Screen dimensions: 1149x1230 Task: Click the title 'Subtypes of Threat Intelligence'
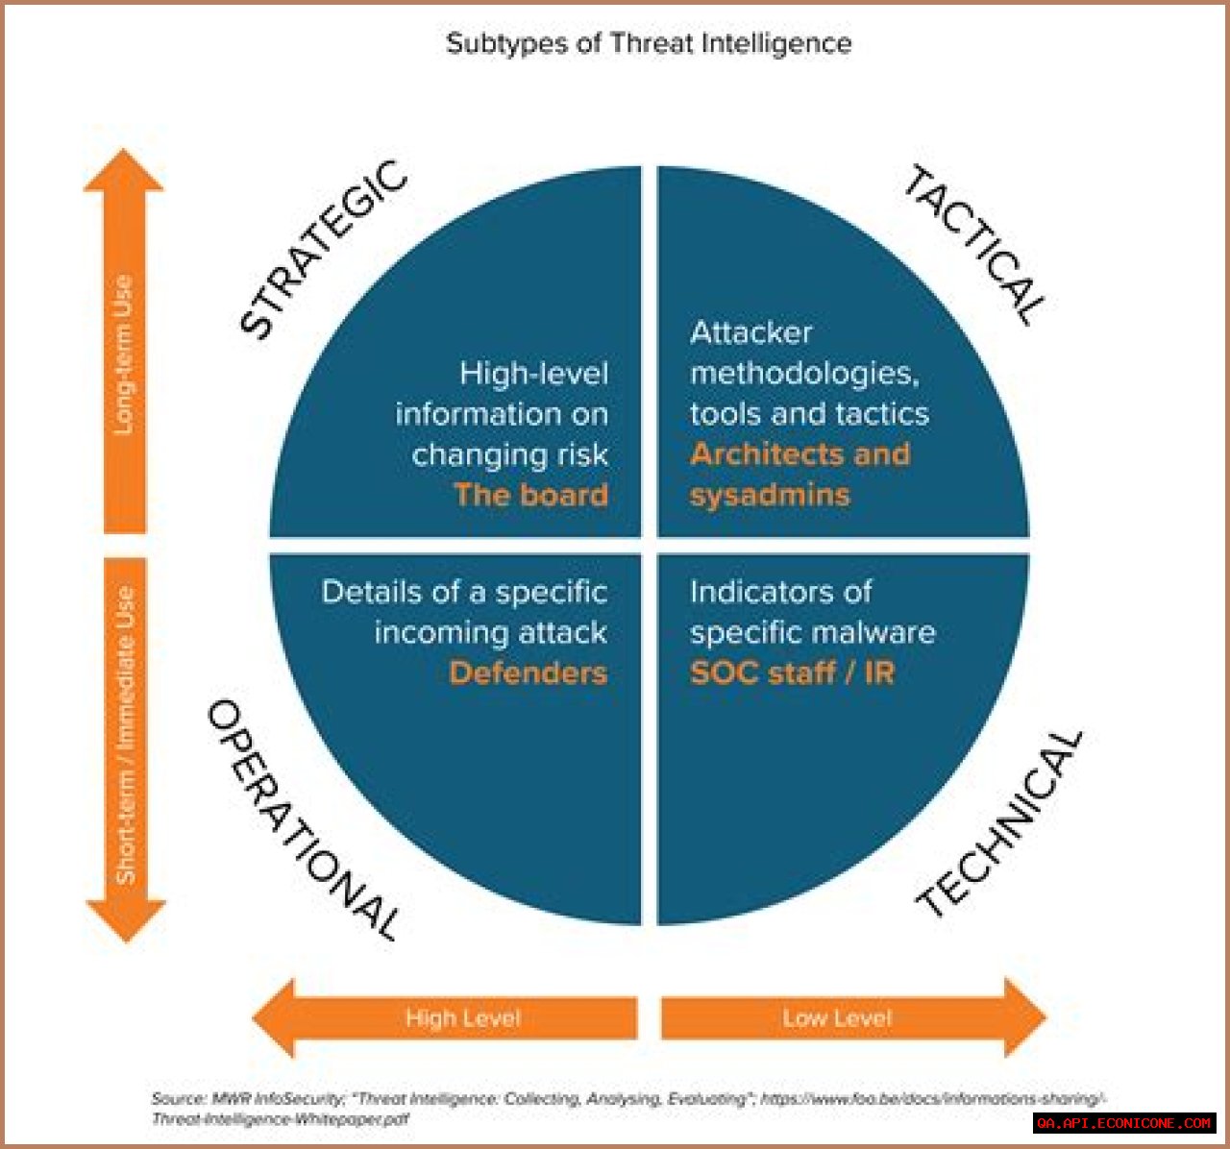click(649, 43)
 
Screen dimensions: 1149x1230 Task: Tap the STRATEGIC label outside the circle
click(322, 249)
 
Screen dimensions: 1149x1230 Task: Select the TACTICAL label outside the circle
click(973, 245)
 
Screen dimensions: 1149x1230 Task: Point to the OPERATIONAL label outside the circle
click(303, 819)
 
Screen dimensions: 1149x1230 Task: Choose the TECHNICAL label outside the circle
click(1000, 822)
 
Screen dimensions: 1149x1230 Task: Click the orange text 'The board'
click(530, 495)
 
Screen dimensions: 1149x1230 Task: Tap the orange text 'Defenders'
click(528, 672)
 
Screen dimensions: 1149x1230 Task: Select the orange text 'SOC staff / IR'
click(792, 672)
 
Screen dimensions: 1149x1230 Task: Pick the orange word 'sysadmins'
click(770, 495)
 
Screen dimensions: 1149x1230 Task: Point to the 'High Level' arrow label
click(462, 1018)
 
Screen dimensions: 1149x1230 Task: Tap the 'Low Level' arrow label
click(837, 1018)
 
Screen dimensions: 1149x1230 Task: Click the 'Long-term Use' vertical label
click(124, 355)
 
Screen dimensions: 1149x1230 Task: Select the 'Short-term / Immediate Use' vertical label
click(125, 735)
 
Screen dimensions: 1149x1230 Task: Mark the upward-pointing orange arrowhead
click(124, 171)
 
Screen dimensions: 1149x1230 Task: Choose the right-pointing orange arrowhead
click(1023, 1018)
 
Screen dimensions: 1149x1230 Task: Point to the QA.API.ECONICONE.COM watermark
click(1124, 1122)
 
